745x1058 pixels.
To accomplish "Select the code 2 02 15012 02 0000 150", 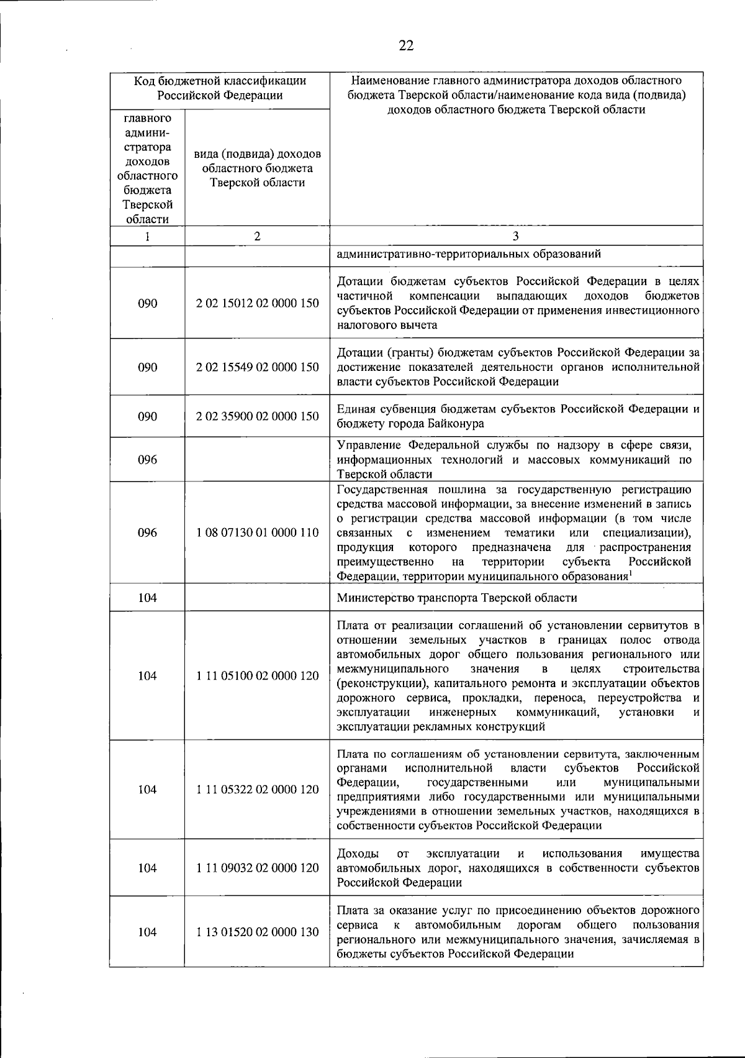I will click(257, 303).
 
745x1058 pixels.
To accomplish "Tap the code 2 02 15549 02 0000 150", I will click(257, 367).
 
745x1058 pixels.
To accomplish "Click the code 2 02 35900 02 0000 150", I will click(257, 416).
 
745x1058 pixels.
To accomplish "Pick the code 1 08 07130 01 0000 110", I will click(257, 532).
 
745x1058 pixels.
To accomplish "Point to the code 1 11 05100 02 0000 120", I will click(257, 676).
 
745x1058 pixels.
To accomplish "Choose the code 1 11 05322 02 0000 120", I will click(257, 790).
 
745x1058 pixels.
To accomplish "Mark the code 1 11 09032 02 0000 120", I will click(257, 868).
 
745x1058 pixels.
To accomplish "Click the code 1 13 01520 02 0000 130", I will click(257, 932).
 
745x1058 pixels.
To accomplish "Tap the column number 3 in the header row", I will click(516, 236).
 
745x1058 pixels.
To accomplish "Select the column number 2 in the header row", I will click(257, 236).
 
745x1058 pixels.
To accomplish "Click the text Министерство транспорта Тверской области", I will click(457, 598).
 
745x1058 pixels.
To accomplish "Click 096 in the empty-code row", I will click(147, 460).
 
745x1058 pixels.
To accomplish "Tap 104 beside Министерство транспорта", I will click(147, 598).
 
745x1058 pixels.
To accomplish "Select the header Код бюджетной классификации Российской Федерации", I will click(220, 88).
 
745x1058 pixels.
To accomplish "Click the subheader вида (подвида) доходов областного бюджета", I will click(257, 168).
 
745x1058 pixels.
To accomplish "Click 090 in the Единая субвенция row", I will click(147, 416).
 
